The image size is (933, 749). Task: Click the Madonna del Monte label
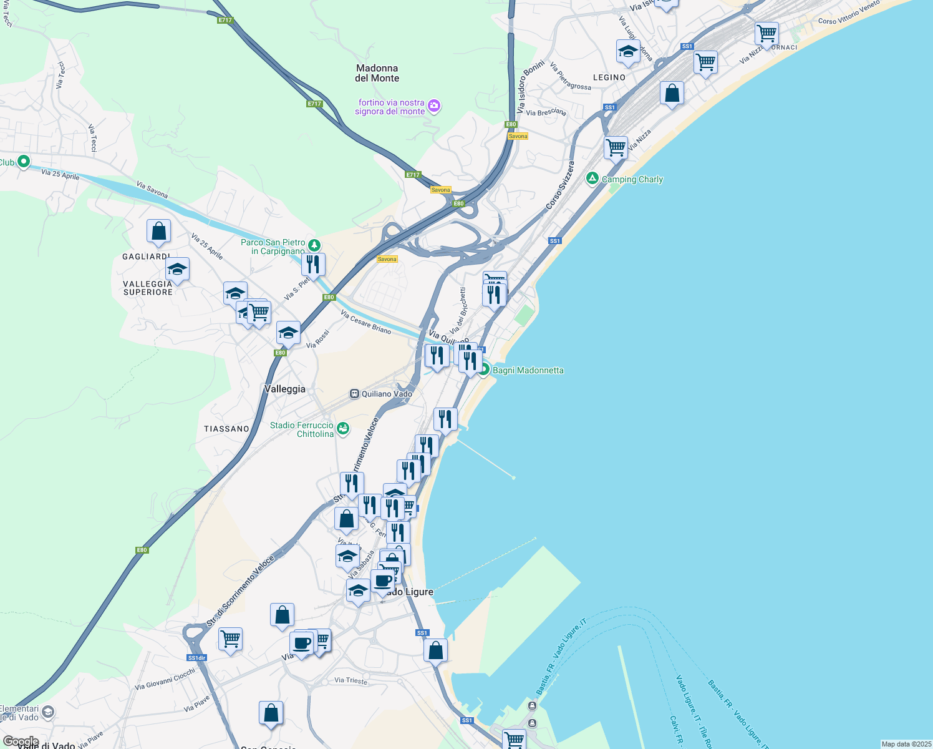(377, 73)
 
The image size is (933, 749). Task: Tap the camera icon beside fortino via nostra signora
(435, 107)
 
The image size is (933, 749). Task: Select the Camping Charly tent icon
(592, 179)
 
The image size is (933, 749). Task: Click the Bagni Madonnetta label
(528, 370)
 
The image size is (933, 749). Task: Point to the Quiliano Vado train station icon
(354, 394)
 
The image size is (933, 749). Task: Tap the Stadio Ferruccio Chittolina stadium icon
(342, 429)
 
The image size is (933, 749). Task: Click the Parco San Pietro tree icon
(315, 245)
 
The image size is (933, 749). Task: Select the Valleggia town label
(284, 389)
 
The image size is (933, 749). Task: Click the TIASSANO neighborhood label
(226, 429)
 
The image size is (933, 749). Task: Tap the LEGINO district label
(609, 77)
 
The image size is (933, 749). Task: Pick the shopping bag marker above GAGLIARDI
(159, 231)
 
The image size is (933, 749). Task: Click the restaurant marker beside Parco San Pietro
(313, 264)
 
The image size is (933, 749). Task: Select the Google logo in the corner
(21, 742)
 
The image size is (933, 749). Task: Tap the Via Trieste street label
(350, 680)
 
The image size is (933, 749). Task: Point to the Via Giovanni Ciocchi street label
(165, 679)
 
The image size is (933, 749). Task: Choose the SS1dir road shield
(196, 658)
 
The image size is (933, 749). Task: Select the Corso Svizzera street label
(559, 185)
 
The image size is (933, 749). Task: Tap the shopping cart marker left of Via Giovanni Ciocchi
(231, 639)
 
